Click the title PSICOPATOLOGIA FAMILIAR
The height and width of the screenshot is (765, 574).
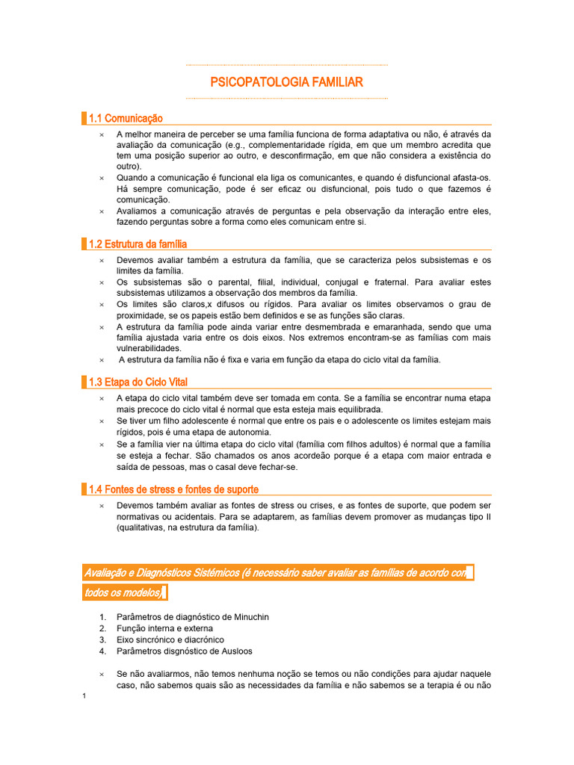point(286,81)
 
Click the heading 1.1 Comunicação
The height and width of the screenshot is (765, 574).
point(126,118)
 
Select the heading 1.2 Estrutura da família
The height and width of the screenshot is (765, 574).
point(138,244)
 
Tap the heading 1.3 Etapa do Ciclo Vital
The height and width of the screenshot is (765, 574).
point(138,382)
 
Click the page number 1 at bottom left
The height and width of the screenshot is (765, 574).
point(85,697)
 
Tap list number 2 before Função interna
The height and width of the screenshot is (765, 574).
point(102,628)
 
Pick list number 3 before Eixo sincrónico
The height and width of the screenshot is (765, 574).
point(102,639)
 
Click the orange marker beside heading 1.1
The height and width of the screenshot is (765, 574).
point(84,118)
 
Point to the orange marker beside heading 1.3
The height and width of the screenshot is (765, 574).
point(84,382)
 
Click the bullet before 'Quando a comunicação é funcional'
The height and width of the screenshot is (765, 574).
point(102,178)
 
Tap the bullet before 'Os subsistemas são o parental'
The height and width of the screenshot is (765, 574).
point(102,282)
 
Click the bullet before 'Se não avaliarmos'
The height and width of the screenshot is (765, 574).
point(102,674)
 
